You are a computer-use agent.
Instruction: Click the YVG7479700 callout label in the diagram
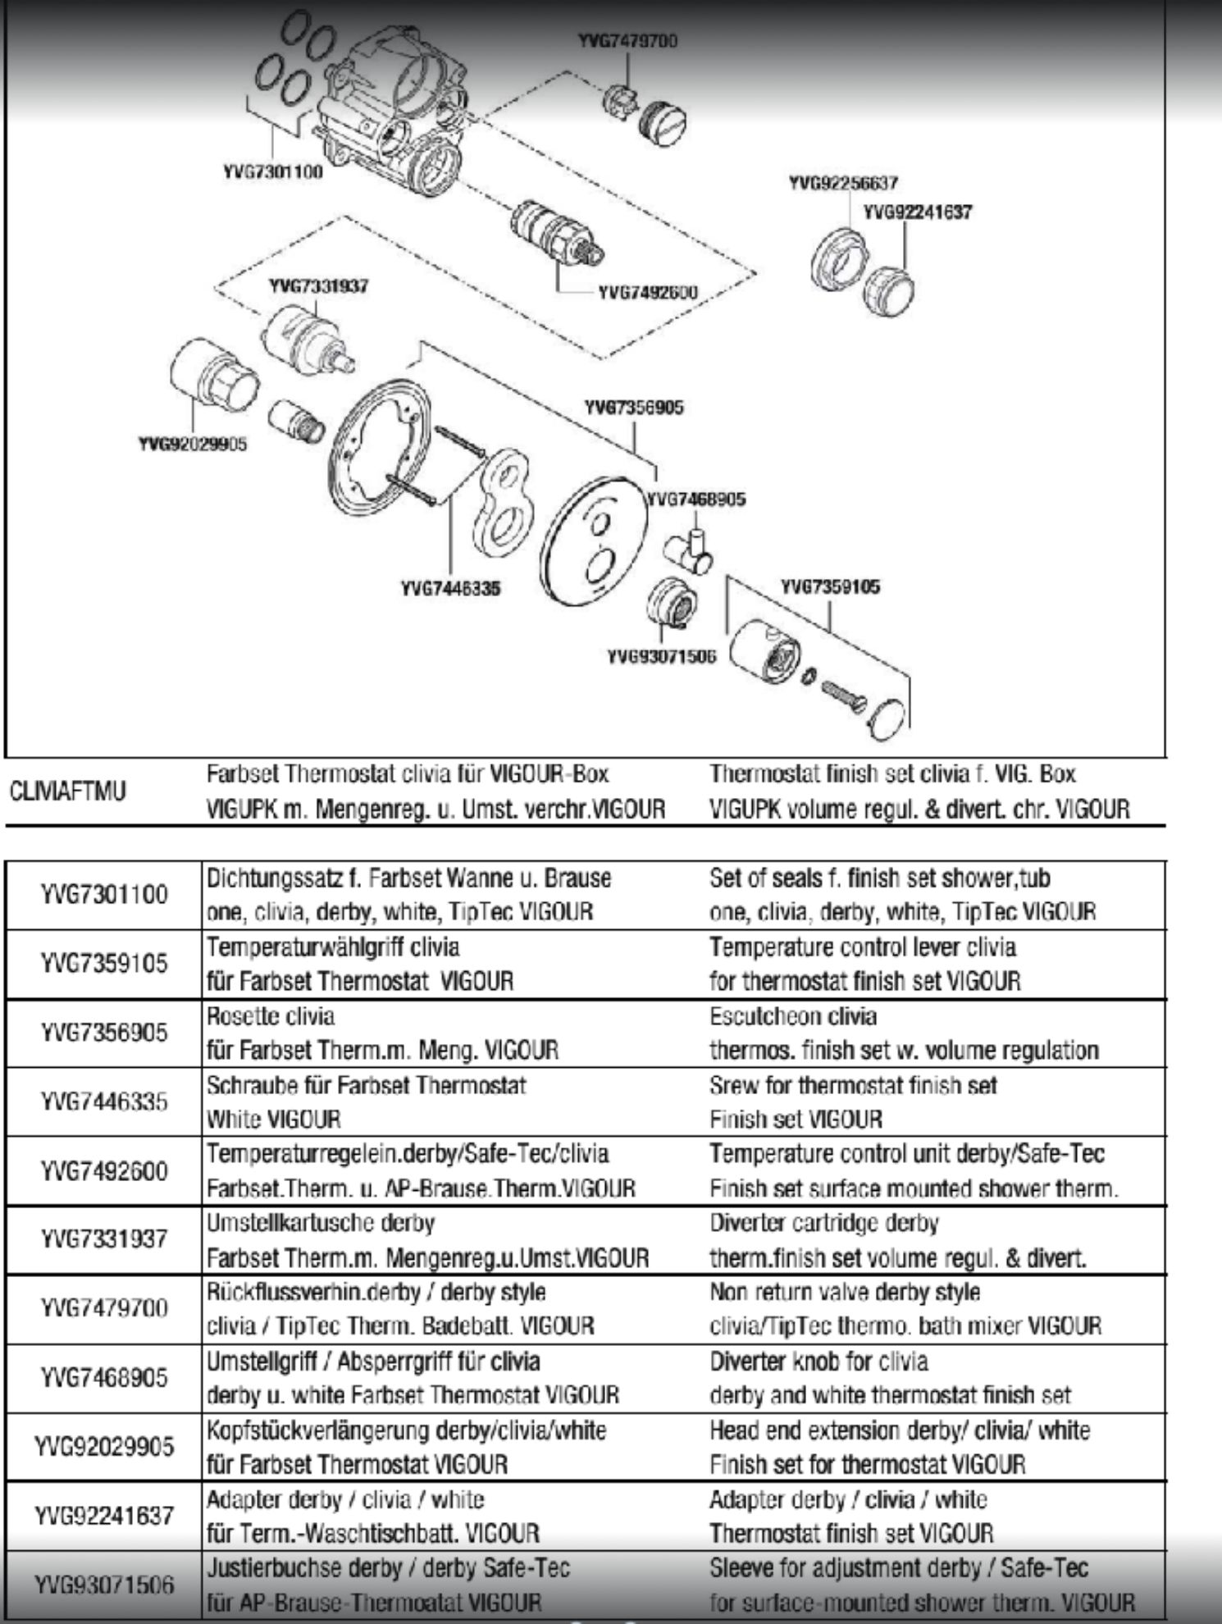[x=627, y=41]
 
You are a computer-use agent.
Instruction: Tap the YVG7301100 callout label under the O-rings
[x=272, y=172]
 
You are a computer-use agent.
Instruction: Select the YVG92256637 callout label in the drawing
[x=842, y=182]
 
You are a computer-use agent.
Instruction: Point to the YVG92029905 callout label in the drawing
[x=192, y=445]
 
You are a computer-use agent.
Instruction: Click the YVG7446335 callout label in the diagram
[x=450, y=588]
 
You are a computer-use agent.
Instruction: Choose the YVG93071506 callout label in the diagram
[x=661, y=656]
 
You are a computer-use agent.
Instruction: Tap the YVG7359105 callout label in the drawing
[x=830, y=586]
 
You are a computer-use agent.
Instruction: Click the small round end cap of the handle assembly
[x=887, y=714]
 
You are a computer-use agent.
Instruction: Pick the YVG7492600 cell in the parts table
[x=103, y=1170]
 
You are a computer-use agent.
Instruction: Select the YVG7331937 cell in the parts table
[x=103, y=1239]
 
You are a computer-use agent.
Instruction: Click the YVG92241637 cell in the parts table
[x=103, y=1515]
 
